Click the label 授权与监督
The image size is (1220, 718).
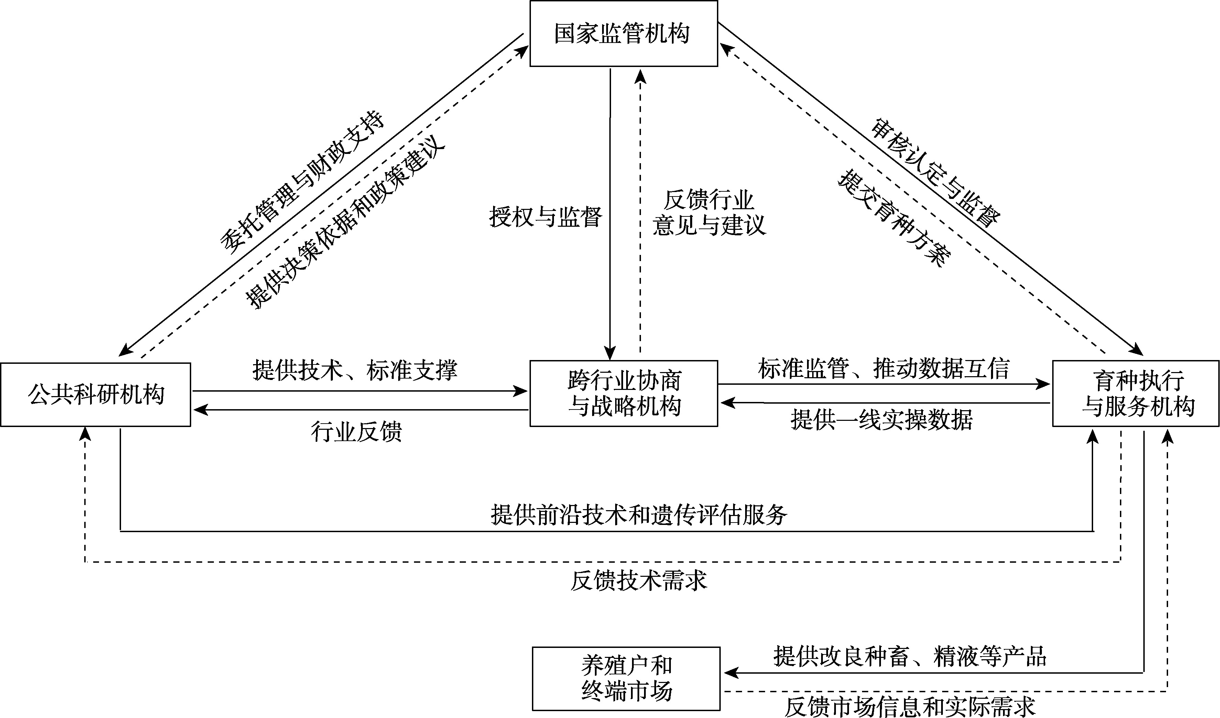[x=546, y=217]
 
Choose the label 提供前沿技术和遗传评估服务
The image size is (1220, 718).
[x=639, y=514]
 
